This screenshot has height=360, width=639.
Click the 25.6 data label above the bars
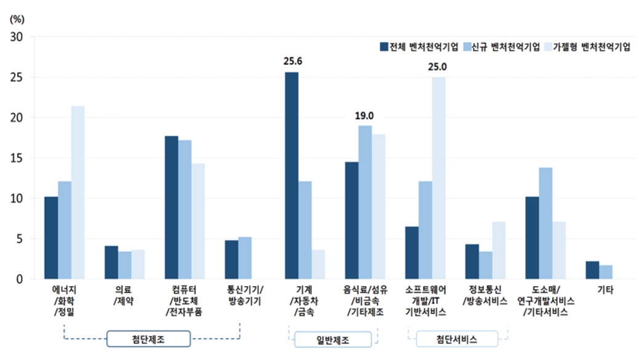point(292,61)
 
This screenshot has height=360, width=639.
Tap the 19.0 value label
point(365,115)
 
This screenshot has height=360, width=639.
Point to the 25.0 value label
point(439,66)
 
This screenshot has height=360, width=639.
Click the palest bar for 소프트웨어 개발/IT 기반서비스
point(439,178)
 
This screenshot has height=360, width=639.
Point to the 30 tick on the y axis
point(17,37)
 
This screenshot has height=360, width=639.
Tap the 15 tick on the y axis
point(17,158)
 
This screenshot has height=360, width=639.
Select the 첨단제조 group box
point(149,339)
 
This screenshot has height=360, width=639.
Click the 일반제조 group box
point(332,340)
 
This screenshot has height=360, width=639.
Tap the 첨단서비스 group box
point(457,340)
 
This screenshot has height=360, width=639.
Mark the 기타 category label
point(606,289)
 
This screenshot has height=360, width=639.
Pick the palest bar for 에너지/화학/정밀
point(78,193)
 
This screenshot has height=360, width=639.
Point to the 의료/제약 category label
point(124,295)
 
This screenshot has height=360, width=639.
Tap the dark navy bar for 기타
point(592,270)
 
